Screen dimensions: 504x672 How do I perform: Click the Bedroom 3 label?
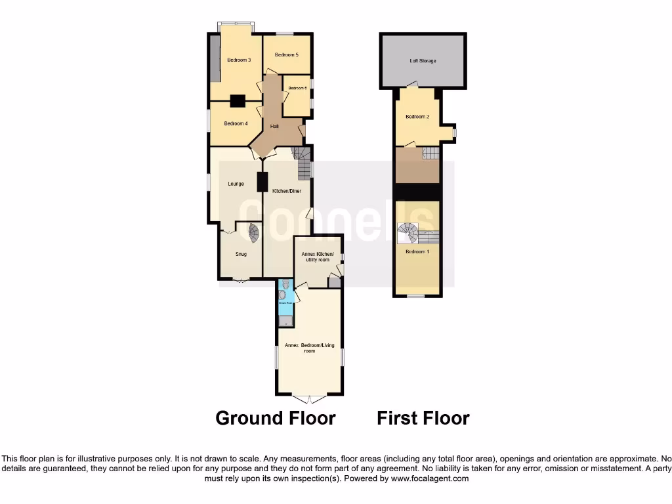pyautogui.click(x=239, y=60)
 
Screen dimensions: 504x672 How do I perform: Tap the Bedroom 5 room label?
pyautogui.click(x=287, y=54)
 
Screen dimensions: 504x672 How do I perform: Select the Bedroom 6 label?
pyautogui.click(x=297, y=88)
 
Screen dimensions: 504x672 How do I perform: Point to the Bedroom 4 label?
pyautogui.click(x=236, y=123)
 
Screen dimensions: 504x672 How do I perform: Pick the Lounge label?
pyautogui.click(x=236, y=184)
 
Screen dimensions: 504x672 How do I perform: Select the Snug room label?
pyautogui.click(x=241, y=254)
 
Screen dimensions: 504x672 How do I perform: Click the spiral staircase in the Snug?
pyautogui.click(x=253, y=232)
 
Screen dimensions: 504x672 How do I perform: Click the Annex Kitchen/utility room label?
pyautogui.click(x=317, y=257)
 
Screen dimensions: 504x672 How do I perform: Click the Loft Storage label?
pyautogui.click(x=423, y=61)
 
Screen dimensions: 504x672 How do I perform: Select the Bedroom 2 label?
pyautogui.click(x=417, y=117)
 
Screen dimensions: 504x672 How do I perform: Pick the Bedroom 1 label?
pyautogui.click(x=417, y=251)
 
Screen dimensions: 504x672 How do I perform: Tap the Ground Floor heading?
pyautogui.click(x=276, y=418)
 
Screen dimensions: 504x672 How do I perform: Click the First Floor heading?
pyautogui.click(x=423, y=418)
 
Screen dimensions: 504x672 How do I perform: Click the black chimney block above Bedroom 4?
pyautogui.click(x=238, y=101)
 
